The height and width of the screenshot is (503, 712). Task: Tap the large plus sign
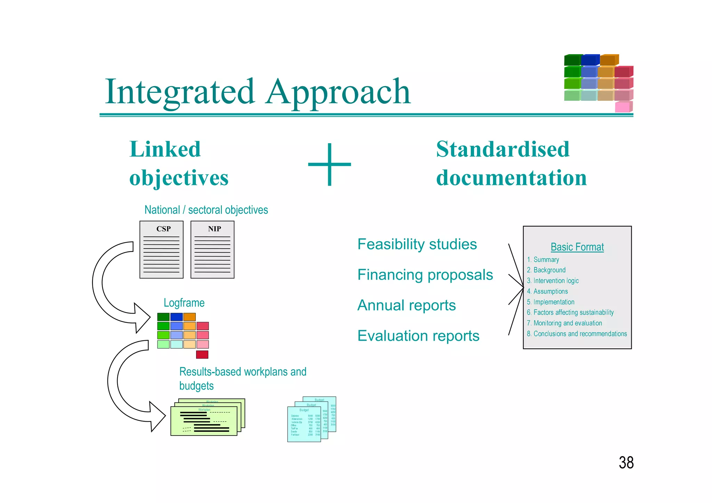click(329, 164)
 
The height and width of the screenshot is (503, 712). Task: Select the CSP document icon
click(161, 250)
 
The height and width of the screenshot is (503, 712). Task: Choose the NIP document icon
click(212, 250)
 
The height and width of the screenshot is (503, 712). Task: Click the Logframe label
click(184, 303)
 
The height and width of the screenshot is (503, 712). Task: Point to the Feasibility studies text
click(417, 244)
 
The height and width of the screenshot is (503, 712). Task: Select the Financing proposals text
click(425, 275)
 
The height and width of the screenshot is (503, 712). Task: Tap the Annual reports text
click(406, 305)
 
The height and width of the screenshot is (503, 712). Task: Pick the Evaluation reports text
click(418, 336)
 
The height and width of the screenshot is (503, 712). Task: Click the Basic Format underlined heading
click(577, 247)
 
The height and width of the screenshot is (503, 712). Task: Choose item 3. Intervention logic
click(553, 281)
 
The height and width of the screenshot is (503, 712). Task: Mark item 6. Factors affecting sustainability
click(570, 312)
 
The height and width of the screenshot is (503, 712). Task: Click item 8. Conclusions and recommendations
click(577, 334)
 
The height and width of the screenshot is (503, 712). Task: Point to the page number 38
click(626, 463)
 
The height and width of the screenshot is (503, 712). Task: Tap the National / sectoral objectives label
click(206, 210)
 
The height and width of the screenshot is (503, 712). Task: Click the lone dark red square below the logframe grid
click(202, 355)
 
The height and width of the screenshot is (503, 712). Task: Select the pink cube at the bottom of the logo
click(623, 107)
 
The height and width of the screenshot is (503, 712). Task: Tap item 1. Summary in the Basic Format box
click(543, 260)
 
